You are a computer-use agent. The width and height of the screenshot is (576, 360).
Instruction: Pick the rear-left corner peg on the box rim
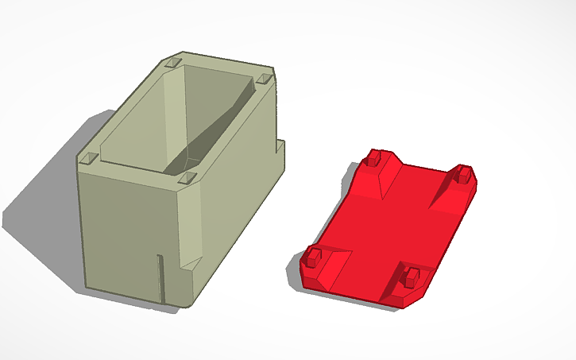173,62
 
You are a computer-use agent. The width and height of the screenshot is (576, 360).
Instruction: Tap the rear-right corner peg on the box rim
264,79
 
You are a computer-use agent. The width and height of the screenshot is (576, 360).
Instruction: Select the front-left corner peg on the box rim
89,158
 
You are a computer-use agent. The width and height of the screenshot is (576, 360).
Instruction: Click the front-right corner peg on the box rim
187,178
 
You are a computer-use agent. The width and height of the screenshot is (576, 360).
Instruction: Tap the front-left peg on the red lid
314,256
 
